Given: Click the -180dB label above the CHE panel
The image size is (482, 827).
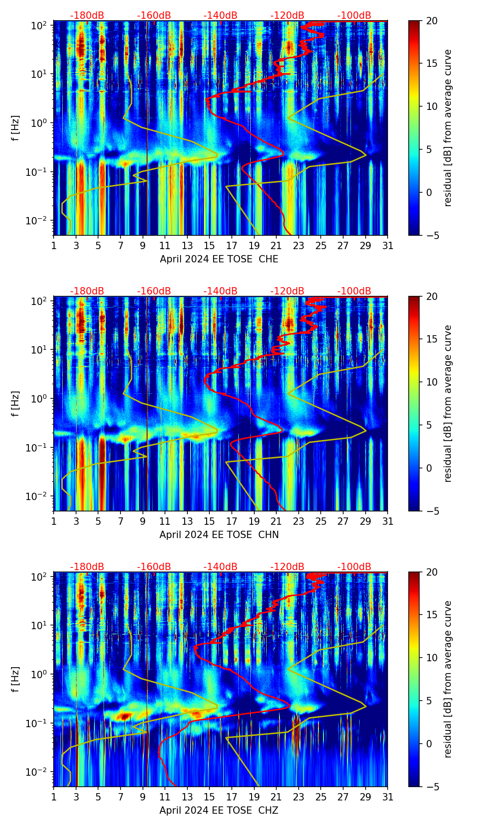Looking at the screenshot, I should coord(87,16).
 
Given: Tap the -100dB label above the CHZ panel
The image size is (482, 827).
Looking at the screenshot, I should coord(354,567).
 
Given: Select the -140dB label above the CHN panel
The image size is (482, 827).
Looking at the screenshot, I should coord(220,291).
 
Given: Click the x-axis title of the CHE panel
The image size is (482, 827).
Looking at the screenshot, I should coord(219,259).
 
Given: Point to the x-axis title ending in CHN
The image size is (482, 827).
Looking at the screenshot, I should coord(219,534).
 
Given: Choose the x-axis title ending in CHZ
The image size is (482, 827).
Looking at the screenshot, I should coord(219,810).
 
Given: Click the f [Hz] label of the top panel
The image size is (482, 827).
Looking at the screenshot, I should coord(16,128).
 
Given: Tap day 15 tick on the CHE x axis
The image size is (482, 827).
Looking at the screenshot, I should coord(209,245).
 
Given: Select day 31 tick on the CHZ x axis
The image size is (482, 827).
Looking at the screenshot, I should coord(388,797).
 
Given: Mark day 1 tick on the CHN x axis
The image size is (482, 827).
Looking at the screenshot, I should coord(54,521).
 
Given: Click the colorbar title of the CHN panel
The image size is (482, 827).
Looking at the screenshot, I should coord(448,403).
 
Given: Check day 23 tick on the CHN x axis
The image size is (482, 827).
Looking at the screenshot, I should coord(299,521).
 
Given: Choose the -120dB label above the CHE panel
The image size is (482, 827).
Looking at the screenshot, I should coord(287,16).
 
